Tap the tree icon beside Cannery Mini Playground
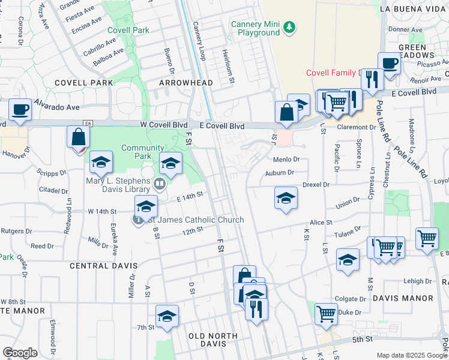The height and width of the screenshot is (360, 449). click(289, 26)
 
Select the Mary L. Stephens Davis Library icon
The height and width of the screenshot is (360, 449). click(160, 184)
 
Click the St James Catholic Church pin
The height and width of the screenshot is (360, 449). click(138, 220)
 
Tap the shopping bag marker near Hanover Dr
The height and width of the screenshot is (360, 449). click(79, 137)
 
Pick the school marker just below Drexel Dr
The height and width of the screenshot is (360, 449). click(286, 198)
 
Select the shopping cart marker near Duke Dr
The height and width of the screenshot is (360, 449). click(326, 313)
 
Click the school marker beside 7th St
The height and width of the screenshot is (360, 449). click(167, 316)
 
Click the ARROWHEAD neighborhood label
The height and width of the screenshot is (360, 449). click(182, 82)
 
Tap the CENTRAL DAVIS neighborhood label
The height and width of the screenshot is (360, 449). click(104, 265)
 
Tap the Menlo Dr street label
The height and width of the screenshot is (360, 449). click(286, 160)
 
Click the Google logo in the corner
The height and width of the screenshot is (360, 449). click(20, 353)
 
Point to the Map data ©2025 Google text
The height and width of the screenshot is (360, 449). click(412, 355)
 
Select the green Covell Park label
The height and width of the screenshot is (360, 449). click(128, 30)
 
